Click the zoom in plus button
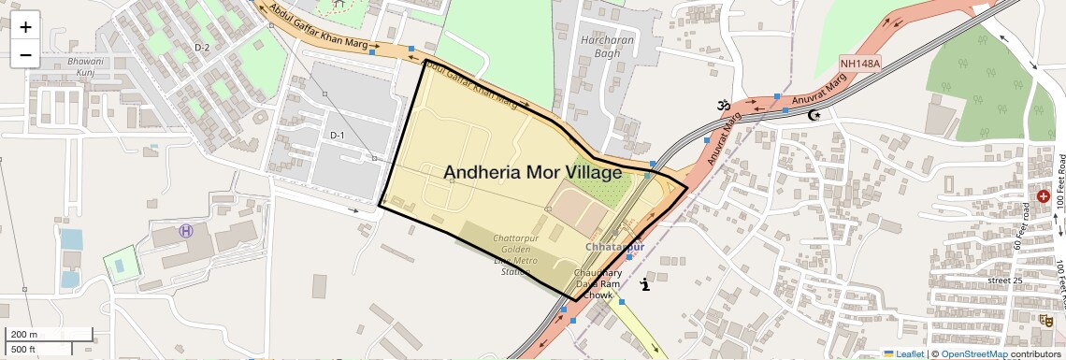25,26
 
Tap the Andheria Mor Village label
532,172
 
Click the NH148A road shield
861,64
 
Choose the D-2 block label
202,47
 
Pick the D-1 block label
338,136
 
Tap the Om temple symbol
722,107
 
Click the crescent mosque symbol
814,115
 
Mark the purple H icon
186,230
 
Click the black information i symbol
644,284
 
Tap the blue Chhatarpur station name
614,247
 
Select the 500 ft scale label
24,350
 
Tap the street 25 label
1005,281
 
